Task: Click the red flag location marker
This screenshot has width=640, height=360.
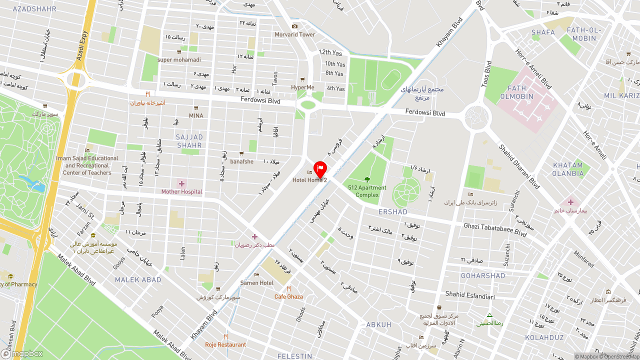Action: pos(320,169)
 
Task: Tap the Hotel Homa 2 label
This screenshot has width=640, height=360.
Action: pos(309,180)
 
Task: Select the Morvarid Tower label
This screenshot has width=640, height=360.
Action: pos(294,34)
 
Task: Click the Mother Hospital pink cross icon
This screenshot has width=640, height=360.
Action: pos(181,184)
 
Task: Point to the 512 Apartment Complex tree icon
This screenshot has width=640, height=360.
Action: pos(367,179)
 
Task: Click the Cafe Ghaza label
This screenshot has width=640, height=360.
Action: pos(288,296)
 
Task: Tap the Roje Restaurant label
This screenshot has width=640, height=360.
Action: pos(225,344)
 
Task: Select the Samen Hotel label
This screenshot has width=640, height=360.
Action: pos(256,283)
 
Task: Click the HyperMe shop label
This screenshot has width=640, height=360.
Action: pos(302,87)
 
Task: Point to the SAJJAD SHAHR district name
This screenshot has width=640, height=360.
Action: pos(189,141)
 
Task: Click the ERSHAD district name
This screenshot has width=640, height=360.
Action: pos(393,212)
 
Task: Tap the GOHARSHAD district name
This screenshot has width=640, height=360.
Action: pos(483,276)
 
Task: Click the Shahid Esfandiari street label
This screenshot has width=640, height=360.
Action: pos(470,296)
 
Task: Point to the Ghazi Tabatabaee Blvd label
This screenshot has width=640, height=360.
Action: pos(495,229)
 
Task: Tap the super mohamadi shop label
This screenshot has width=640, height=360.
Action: pos(179,60)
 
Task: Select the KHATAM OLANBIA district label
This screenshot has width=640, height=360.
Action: pos(568,169)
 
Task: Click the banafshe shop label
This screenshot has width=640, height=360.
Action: pos(241,161)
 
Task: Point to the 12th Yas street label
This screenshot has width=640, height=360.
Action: pos(330,52)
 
